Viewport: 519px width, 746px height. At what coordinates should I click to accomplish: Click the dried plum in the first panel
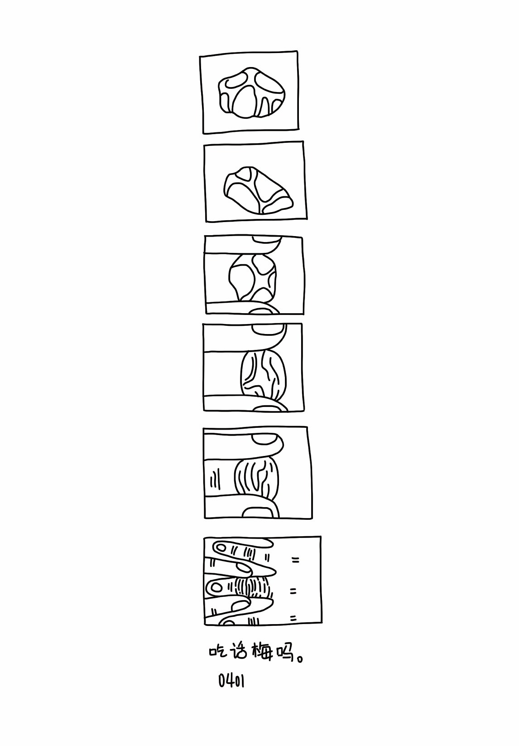tap(252, 92)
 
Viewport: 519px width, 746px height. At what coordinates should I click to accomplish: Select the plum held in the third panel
tap(253, 277)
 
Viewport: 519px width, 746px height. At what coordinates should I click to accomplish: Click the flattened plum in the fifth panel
tap(256, 479)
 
